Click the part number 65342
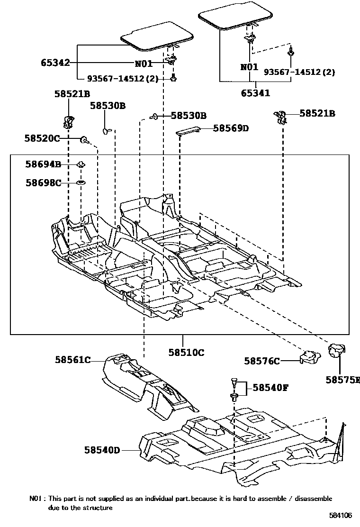click(x=55, y=63)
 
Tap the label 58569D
click(x=231, y=128)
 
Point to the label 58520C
click(x=42, y=138)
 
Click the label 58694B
click(x=43, y=164)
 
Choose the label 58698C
click(x=43, y=182)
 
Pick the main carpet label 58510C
click(x=186, y=352)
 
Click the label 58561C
click(x=72, y=360)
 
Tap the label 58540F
click(x=270, y=388)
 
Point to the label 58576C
click(x=262, y=361)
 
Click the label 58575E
click(x=342, y=380)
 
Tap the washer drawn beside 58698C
click(x=81, y=182)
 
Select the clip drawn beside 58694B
click(x=81, y=164)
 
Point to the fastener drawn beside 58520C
click(x=84, y=139)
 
